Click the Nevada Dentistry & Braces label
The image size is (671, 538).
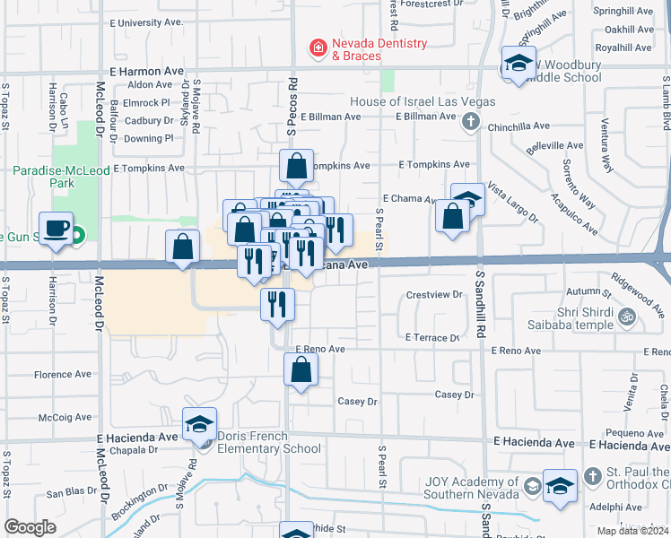pyautogui.click(x=356, y=49)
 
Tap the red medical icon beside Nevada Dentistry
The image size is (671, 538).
pyautogui.click(x=317, y=47)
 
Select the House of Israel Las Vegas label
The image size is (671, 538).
pyautogui.click(x=423, y=101)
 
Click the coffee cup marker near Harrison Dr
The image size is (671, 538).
pyautogui.click(x=57, y=229)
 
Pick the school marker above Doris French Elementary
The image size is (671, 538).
pyautogui.click(x=200, y=425)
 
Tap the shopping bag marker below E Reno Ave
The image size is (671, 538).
pyautogui.click(x=301, y=369)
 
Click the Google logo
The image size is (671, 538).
pyautogui.click(x=30, y=526)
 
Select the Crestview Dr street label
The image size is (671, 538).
pyautogui.click(x=433, y=294)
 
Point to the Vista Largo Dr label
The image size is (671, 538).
pyautogui.click(x=513, y=205)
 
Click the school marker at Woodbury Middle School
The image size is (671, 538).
pyautogui.click(x=518, y=63)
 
